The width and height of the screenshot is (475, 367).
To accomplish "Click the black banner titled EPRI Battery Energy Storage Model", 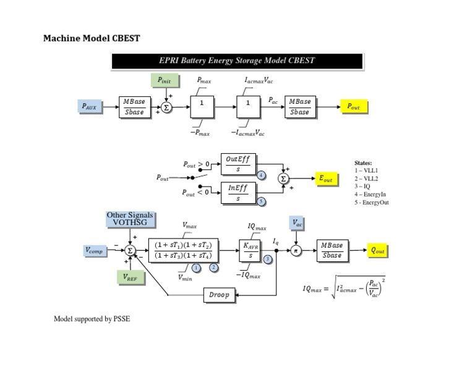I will (237, 61).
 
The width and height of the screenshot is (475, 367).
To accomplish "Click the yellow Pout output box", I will (354, 107).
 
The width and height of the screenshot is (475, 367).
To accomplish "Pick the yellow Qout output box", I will (377, 251).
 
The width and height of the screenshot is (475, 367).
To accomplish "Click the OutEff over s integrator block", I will (238, 164).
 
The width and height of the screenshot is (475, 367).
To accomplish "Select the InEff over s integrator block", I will (238, 193).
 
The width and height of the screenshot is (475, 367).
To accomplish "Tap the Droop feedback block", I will (219, 295).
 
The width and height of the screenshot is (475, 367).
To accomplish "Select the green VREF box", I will (131, 278).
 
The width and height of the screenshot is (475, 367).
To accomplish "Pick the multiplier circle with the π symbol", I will (296, 251).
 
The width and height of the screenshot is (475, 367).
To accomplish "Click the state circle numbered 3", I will (267, 259).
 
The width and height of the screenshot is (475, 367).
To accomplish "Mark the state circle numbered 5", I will (261, 201).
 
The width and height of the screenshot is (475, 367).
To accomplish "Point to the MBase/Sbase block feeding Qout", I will (332, 250).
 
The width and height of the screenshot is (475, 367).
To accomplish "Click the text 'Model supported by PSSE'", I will (92, 319).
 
